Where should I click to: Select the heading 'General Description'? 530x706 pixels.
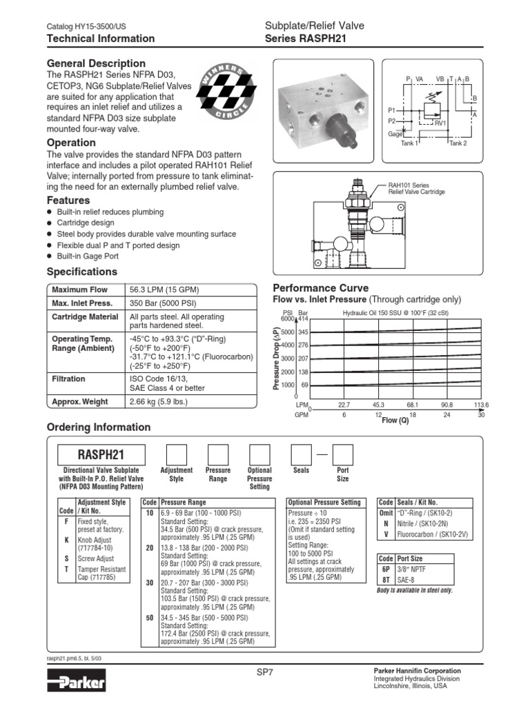point(95,63)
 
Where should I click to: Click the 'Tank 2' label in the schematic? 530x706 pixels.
point(458,143)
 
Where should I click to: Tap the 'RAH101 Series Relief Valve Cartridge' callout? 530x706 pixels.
point(416,188)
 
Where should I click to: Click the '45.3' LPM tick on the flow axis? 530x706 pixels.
point(378,405)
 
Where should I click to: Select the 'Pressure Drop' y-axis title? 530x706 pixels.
point(277,359)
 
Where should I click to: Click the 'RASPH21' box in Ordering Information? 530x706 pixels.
point(101,455)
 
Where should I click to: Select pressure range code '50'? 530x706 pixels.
point(149,618)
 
